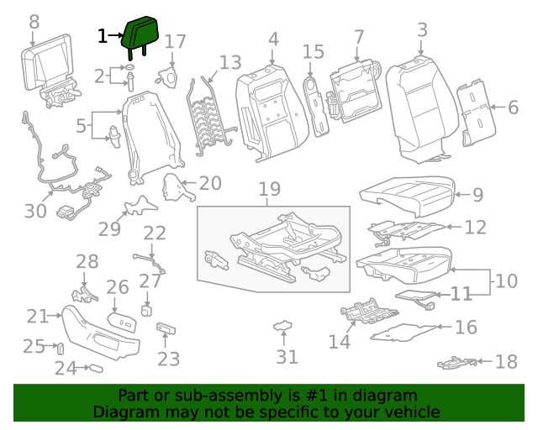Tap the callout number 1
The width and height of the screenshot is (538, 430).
pyautogui.click(x=103, y=36)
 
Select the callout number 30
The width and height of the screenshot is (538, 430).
pyautogui.click(x=35, y=211)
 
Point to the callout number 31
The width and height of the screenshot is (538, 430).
pyautogui.click(x=287, y=357)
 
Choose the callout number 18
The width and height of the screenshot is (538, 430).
pyautogui.click(x=506, y=362)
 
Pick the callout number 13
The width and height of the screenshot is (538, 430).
pyautogui.click(x=229, y=63)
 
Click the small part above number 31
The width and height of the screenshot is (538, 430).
pyautogui.click(x=284, y=325)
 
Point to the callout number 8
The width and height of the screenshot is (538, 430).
pyautogui.click(x=34, y=20)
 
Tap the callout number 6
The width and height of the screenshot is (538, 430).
pyautogui.click(x=512, y=107)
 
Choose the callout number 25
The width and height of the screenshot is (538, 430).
pyautogui.click(x=34, y=346)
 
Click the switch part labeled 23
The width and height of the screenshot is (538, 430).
pyautogui.click(x=166, y=329)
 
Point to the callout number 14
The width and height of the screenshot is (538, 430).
pyautogui.click(x=339, y=341)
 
